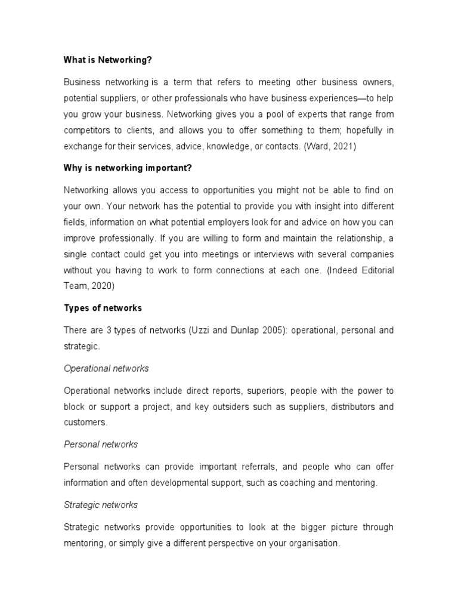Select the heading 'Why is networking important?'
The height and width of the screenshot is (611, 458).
(128, 168)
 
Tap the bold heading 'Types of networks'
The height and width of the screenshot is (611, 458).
(103, 308)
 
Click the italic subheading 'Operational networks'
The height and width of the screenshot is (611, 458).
(106, 368)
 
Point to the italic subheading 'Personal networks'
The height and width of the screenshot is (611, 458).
(101, 444)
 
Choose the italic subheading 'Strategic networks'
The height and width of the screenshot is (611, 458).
(101, 505)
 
